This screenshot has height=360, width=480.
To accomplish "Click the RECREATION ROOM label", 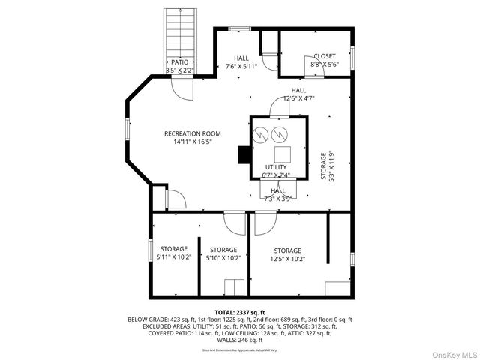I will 193,137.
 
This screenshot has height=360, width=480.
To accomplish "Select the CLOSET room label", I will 325,60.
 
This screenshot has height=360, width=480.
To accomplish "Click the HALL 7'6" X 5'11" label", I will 241,62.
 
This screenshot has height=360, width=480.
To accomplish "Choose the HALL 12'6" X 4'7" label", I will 298,94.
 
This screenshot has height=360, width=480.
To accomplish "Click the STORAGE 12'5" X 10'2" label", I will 287,254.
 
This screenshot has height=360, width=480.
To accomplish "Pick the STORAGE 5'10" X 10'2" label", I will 223,253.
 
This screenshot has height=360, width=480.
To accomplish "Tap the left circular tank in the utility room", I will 261,135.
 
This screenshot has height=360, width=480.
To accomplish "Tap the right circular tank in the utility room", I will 280,135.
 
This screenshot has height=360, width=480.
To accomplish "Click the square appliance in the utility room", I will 282,154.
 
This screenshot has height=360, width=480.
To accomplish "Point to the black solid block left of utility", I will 244,154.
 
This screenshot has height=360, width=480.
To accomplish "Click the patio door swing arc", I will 182,86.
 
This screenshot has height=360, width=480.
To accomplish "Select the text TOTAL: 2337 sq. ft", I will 240,312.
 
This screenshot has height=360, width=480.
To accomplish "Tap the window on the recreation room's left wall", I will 127,128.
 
